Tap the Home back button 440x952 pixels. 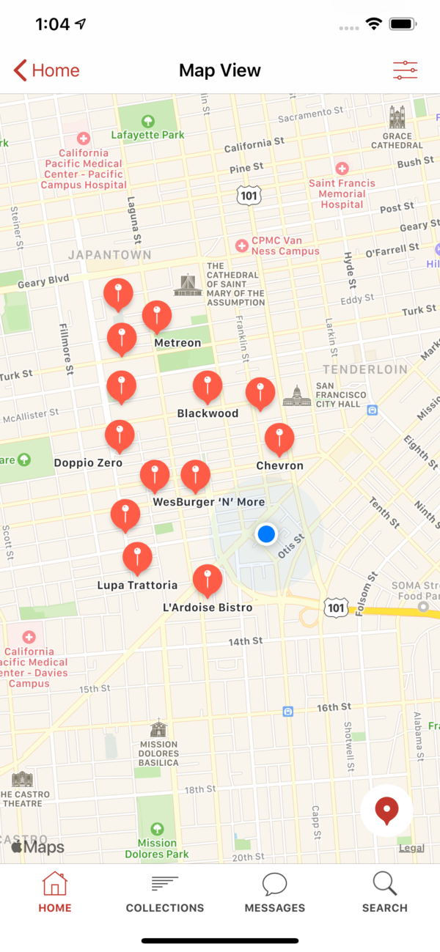[46, 70]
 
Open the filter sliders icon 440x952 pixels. [405, 70]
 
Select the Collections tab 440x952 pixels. [165, 893]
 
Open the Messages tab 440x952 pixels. [275, 893]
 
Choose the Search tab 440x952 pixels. [384, 893]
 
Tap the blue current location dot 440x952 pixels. [266, 534]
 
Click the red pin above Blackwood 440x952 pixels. [208, 386]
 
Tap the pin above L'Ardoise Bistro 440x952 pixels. [208, 580]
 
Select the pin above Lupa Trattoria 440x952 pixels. [137, 558]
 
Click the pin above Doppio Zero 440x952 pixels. [120, 435]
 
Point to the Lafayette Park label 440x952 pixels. [147, 135]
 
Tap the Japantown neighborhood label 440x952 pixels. [110, 255]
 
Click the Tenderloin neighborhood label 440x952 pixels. [365, 369]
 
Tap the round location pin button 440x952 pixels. [386, 811]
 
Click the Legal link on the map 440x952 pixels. [411, 848]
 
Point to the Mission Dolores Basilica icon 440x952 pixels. [158, 728]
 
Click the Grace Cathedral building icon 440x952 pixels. [397, 117]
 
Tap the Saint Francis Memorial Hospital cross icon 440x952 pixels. [342, 169]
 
